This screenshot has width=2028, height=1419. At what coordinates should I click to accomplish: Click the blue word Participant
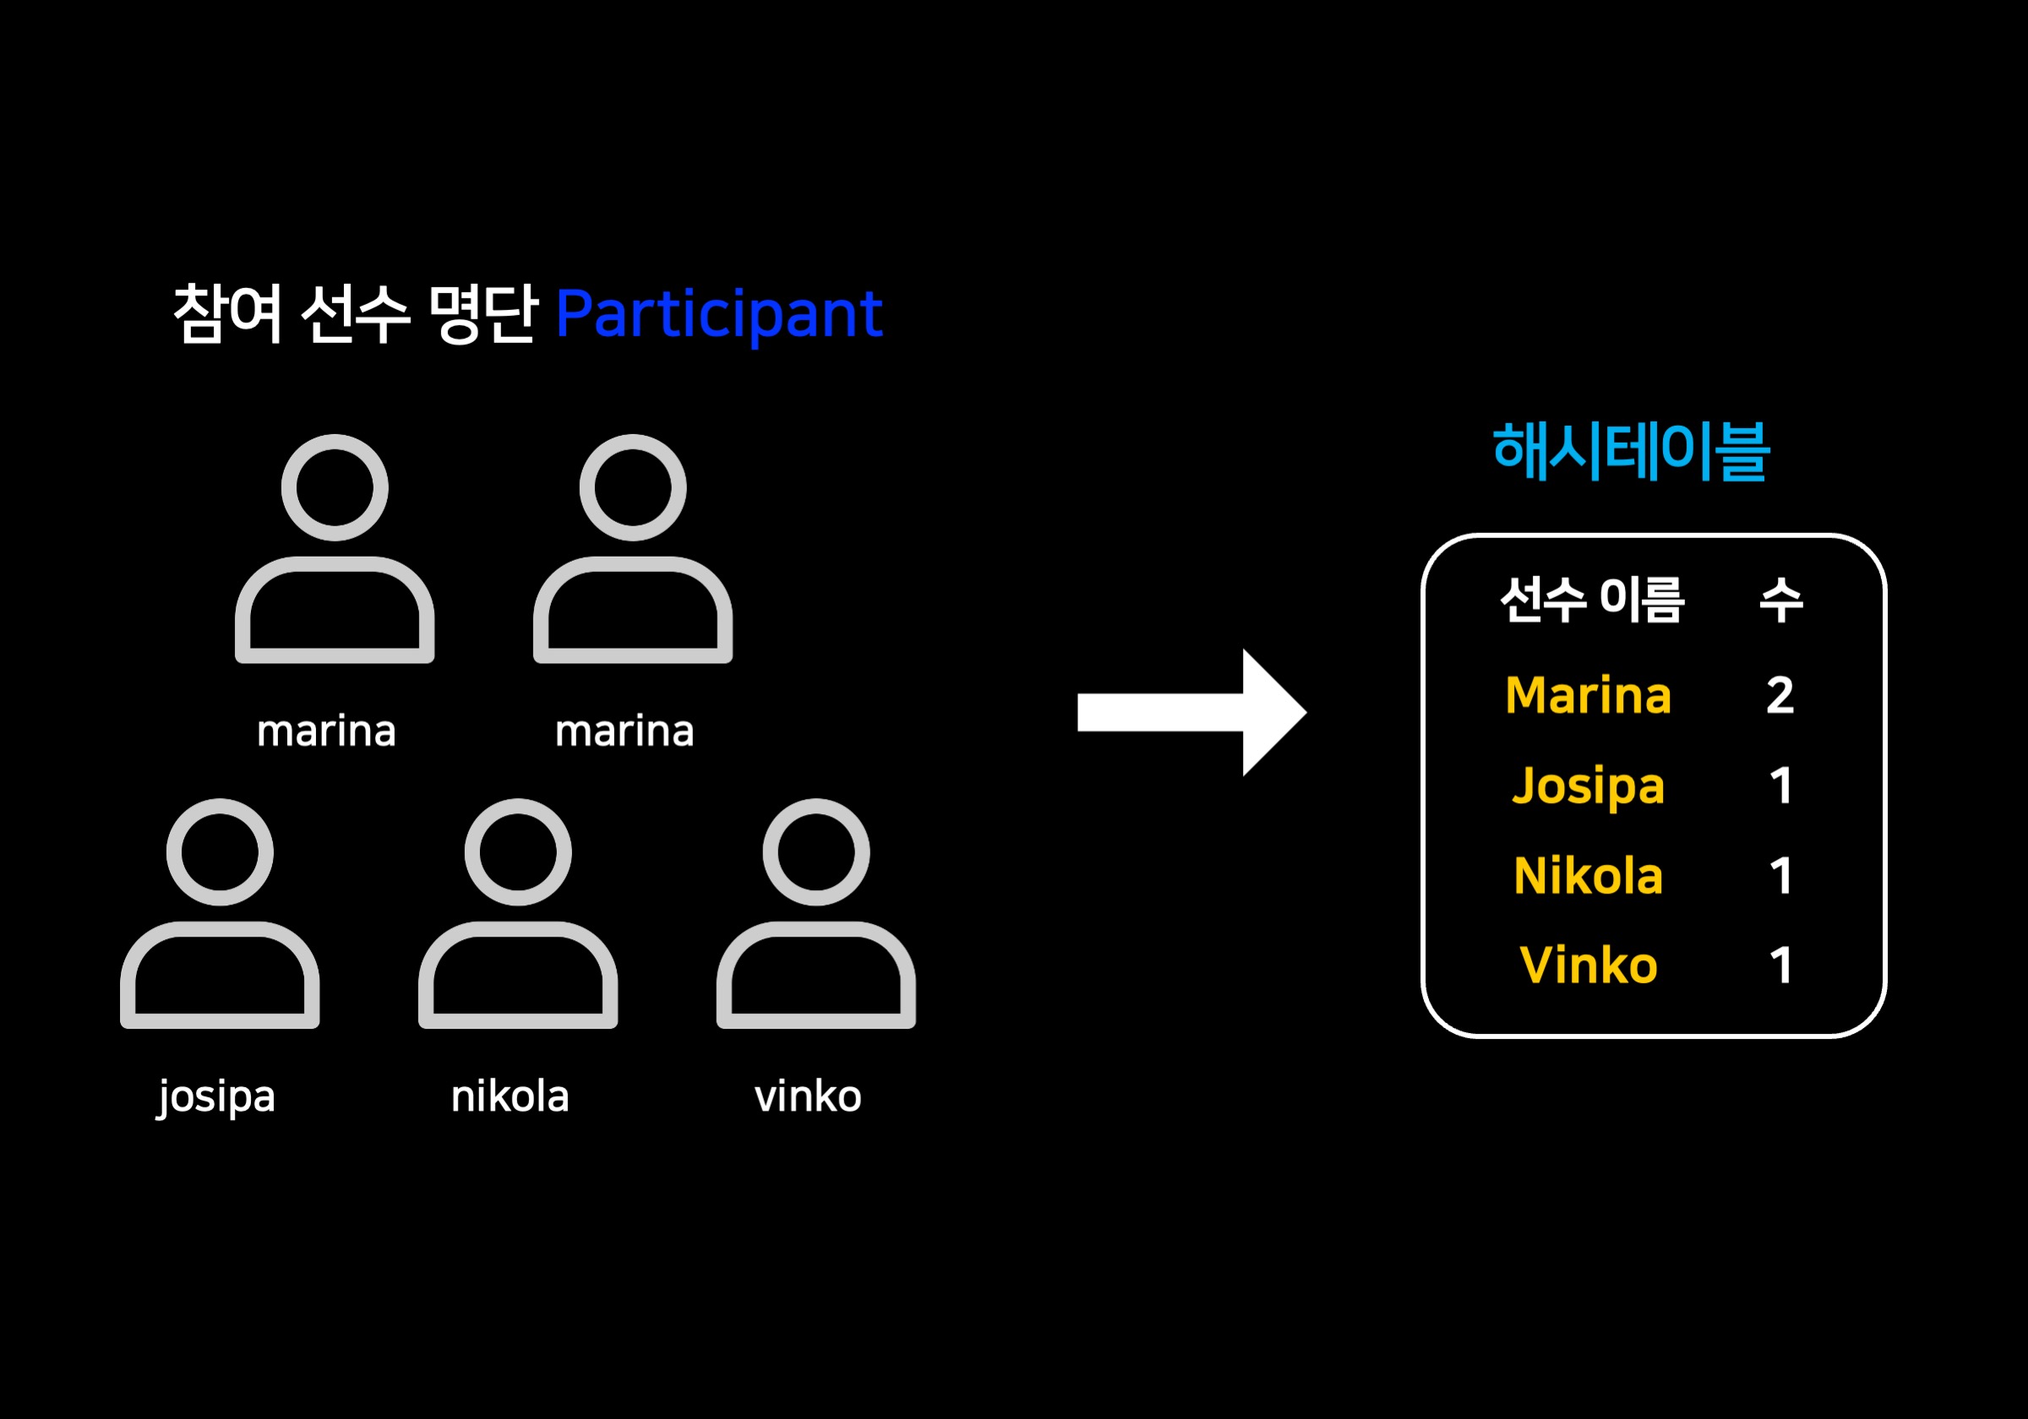718,314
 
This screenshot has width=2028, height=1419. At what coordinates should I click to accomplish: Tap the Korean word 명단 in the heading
482,313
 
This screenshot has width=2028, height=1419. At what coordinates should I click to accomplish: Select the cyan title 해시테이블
1630,451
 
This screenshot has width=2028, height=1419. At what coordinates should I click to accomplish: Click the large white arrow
1191,712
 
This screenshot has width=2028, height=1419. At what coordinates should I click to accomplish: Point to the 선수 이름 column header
1592,600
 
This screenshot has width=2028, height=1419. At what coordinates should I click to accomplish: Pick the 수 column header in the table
1780,600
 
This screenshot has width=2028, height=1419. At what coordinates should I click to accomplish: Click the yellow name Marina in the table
1588,695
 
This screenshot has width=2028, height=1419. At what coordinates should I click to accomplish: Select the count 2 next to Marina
1780,695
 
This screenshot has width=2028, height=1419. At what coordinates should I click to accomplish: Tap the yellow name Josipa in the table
1588,786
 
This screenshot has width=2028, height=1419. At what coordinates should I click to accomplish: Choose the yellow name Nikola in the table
1588,876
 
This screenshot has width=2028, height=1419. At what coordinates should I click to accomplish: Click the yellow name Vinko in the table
1588,965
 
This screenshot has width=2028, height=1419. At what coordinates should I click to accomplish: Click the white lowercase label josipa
217,1096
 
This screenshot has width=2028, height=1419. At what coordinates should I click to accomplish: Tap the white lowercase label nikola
510,1096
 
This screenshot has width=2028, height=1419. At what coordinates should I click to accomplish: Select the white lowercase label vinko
807,1096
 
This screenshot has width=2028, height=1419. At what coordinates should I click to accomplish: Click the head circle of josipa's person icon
220,852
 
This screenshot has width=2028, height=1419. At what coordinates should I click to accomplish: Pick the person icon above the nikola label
518,914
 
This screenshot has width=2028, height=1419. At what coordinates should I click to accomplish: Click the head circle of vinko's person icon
816,852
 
